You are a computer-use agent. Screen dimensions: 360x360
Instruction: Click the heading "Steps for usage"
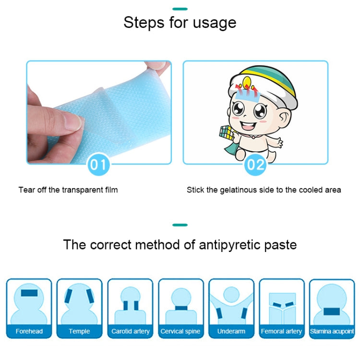(x=180, y=23)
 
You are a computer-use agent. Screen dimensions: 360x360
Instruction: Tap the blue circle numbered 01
(x=98, y=164)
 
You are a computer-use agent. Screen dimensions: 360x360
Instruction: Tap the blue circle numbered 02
(x=255, y=164)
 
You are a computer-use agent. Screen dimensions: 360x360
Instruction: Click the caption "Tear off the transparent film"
(x=68, y=190)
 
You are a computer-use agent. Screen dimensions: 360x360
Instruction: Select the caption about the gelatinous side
(x=264, y=190)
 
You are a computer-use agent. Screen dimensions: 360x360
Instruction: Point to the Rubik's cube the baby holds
(x=227, y=132)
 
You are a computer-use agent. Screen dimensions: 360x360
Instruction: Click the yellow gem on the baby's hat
(x=247, y=82)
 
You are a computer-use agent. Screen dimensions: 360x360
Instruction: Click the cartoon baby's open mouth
(x=248, y=125)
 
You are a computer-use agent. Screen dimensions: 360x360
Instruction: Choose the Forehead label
(x=29, y=331)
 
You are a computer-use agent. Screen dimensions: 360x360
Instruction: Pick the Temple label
(x=79, y=331)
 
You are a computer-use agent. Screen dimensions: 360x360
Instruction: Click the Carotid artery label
(x=131, y=331)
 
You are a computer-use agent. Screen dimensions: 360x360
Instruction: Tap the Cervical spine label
(x=180, y=331)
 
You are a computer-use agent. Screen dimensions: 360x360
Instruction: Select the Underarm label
(x=231, y=331)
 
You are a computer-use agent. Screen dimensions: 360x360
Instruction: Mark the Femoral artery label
(x=281, y=331)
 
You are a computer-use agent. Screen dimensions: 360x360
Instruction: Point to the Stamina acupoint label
(x=332, y=331)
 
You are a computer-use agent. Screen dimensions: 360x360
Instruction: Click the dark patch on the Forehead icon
(x=29, y=293)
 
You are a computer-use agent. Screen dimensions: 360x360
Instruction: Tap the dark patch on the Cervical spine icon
(x=181, y=308)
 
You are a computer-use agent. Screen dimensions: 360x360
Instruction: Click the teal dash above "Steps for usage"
(x=180, y=9)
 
